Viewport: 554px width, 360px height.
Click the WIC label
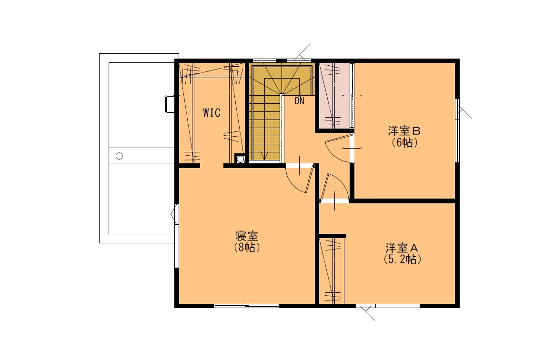click(212, 113)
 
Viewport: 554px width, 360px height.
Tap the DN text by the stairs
click(299, 101)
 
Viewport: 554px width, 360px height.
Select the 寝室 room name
click(247, 236)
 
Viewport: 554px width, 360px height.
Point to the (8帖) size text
click(247, 247)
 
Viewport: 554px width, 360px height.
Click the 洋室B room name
click(404, 131)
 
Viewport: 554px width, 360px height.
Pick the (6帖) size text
click(404, 143)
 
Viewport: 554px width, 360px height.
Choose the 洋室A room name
click(402, 248)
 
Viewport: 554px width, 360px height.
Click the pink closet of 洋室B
click(334, 96)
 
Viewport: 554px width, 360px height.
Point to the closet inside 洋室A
click(332, 271)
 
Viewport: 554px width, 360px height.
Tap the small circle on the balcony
click(119, 156)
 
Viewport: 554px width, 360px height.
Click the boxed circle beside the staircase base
click(240, 159)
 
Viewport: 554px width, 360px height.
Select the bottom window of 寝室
click(247, 306)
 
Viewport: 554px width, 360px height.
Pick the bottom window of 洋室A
click(387, 306)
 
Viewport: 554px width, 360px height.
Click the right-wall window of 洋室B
click(458, 130)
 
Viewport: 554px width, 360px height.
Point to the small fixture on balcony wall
click(170, 104)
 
